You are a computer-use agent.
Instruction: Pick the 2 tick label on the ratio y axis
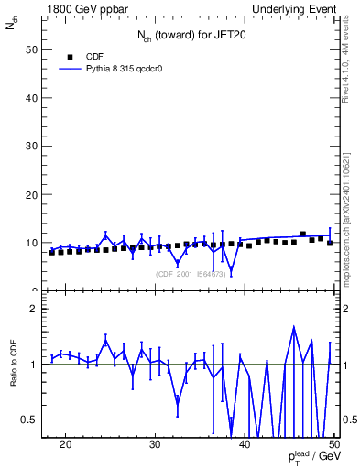click(x=34, y=310)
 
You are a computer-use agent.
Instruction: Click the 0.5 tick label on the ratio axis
click(x=30, y=420)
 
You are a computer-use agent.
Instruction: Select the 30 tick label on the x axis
click(x=155, y=444)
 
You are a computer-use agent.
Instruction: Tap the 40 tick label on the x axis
click(x=245, y=444)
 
